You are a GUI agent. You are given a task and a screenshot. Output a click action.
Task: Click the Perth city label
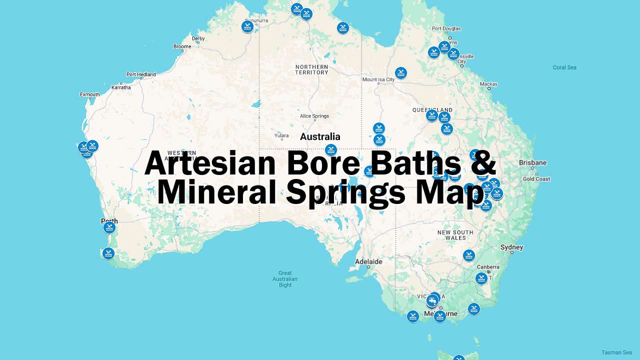coord(109,221)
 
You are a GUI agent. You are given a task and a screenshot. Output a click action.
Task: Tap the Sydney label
coord(511,247)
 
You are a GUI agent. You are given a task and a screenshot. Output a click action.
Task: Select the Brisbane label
coord(532,162)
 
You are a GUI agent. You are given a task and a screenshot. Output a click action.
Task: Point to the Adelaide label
coord(368,261)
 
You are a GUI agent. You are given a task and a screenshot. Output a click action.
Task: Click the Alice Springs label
coord(314,116)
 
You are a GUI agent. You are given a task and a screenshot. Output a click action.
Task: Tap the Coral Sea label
coord(564,67)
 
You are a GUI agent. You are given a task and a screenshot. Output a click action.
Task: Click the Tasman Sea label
coord(616,352)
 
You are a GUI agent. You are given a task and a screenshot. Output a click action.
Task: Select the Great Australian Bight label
coord(285,279)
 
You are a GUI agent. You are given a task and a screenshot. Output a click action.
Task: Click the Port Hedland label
coord(141,74)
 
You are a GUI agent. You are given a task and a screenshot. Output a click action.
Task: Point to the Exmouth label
coord(90,94)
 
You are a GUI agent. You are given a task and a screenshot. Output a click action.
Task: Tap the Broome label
coord(182,46)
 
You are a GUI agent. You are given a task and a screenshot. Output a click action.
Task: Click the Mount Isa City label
coord(378,79)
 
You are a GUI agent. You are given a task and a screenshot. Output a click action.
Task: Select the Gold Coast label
coord(536,179)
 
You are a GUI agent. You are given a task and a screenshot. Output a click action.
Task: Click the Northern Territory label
coord(311,69)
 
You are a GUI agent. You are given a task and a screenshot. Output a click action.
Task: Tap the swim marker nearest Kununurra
coord(247,26)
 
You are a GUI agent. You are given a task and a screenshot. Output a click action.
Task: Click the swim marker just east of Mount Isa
coord(400,73)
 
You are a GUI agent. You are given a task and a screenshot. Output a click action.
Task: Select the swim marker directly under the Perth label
coord(109,228)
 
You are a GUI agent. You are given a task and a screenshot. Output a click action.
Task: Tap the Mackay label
coord(488,84)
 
